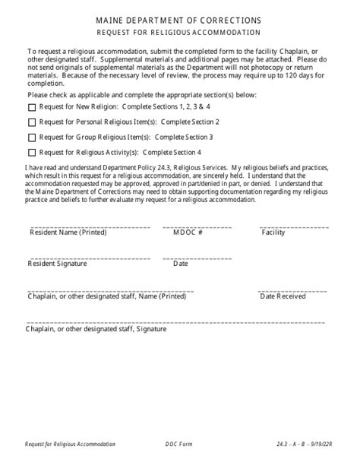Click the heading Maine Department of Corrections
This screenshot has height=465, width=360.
179,21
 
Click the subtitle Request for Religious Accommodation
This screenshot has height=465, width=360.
179,33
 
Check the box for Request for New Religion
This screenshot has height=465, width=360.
31,108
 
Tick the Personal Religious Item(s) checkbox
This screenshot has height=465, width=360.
31,122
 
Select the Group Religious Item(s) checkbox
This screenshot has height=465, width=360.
31,138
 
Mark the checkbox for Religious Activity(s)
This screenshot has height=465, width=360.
31,152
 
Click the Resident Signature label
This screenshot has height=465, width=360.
58,264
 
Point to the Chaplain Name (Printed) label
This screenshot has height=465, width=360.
106,296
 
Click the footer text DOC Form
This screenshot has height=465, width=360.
178,443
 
